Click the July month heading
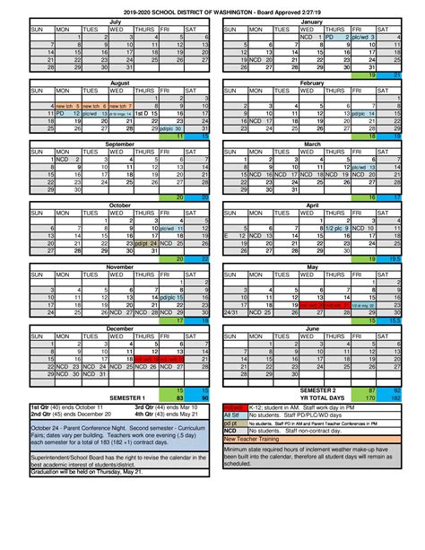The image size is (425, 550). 114,20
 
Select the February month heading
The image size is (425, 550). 312,81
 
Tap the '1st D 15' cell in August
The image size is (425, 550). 145,114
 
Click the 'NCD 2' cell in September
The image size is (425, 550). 67,159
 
